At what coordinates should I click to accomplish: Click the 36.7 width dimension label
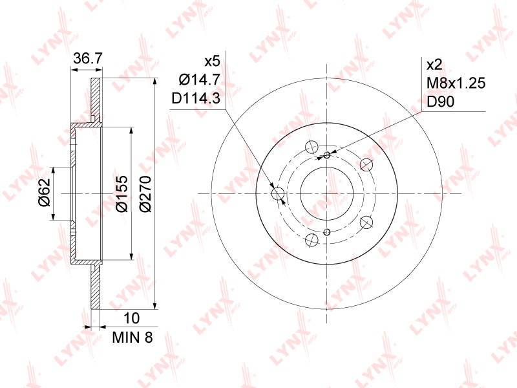point(88,59)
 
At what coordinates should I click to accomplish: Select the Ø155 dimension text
point(121,193)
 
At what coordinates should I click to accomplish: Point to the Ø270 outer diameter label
point(145,193)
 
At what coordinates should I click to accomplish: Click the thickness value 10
point(131,318)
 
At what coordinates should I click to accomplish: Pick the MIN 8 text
point(132,337)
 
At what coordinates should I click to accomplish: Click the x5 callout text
point(212,61)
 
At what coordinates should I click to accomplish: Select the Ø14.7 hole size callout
point(199,80)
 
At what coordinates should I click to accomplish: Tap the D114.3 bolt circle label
point(196,98)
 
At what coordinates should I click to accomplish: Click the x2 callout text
point(434,65)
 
